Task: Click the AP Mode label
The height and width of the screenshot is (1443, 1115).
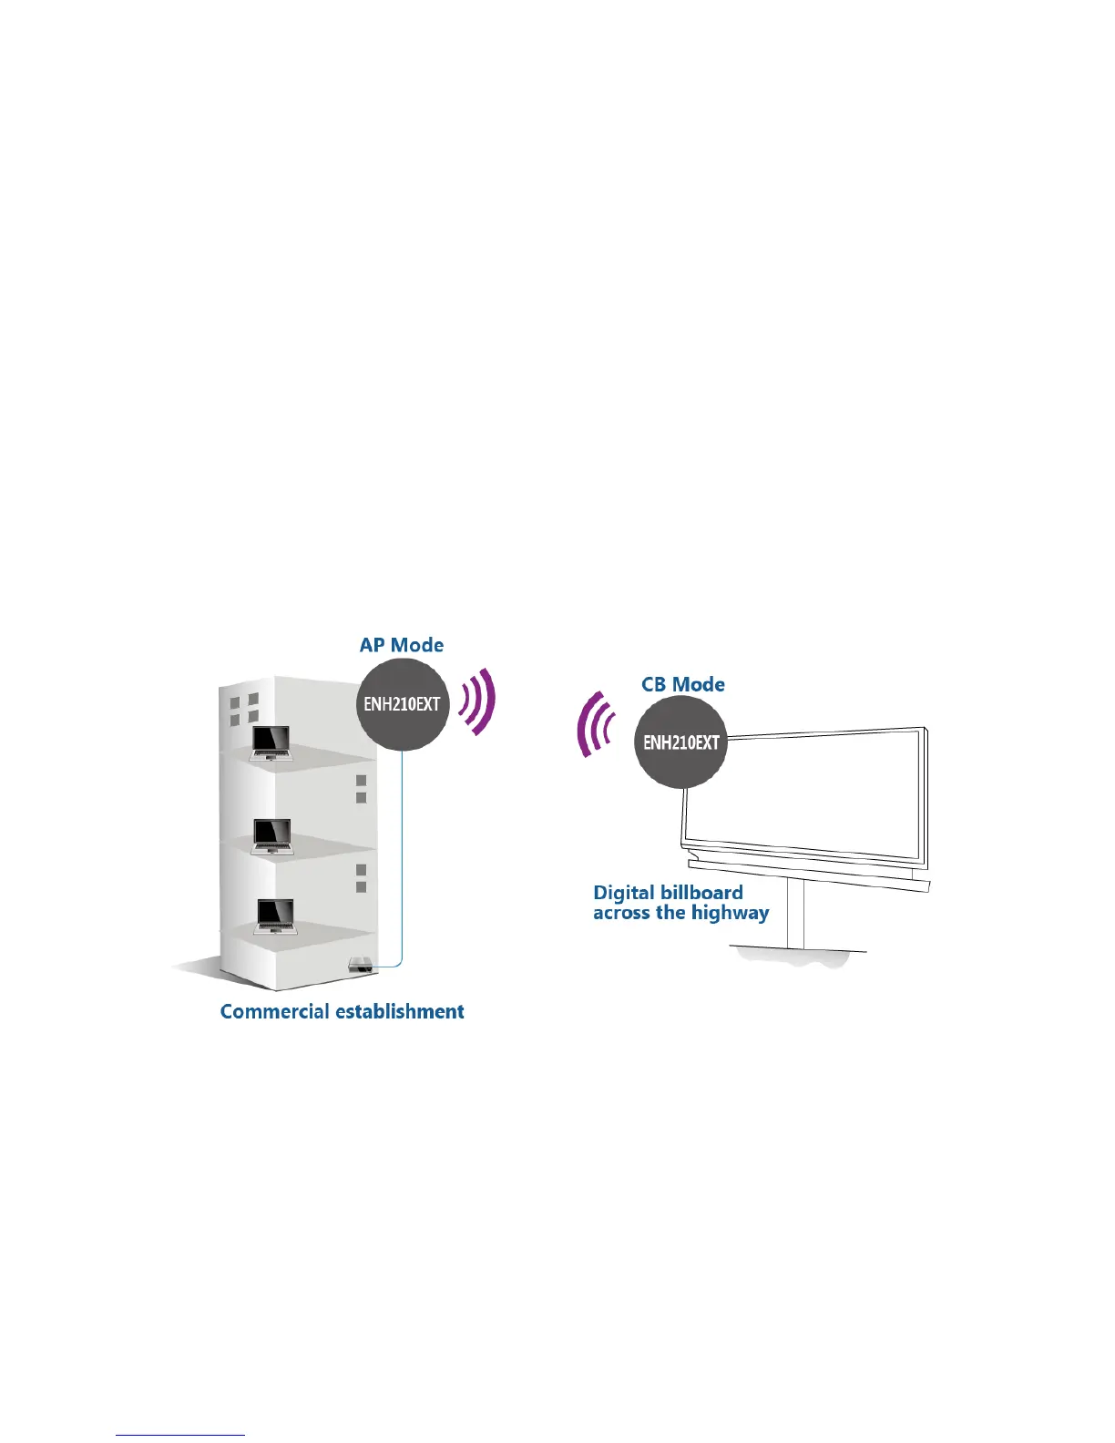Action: [x=402, y=645]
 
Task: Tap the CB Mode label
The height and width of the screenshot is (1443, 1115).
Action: [x=683, y=684]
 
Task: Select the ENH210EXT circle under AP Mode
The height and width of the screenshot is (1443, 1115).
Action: [x=402, y=704]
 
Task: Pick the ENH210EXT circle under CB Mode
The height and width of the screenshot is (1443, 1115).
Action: [x=681, y=742]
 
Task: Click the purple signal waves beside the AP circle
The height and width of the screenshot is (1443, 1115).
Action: [x=479, y=701]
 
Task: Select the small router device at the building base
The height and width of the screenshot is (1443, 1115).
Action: [x=360, y=964]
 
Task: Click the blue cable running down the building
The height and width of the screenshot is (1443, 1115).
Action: [x=402, y=865]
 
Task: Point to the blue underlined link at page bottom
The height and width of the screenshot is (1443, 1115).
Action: [x=180, y=1435]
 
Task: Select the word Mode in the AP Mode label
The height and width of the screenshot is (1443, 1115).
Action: [x=418, y=645]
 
